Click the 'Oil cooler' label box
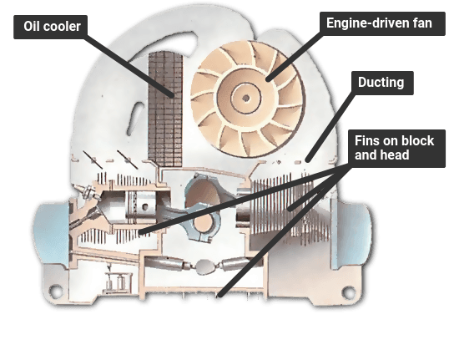pos(50,27)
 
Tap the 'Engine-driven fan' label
pos(382,23)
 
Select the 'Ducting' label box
pos(382,83)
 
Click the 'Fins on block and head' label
pos(396,149)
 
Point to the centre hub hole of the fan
pos(246,99)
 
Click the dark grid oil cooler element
pos(165,109)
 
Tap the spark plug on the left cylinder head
pos(87,191)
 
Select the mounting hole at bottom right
pos(348,292)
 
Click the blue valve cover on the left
pos(52,233)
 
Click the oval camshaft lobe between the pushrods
pos(204,266)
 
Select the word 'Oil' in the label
pos(32,27)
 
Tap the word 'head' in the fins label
pos(396,155)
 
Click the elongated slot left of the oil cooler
pos(135,119)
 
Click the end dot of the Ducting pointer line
pos(308,160)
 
